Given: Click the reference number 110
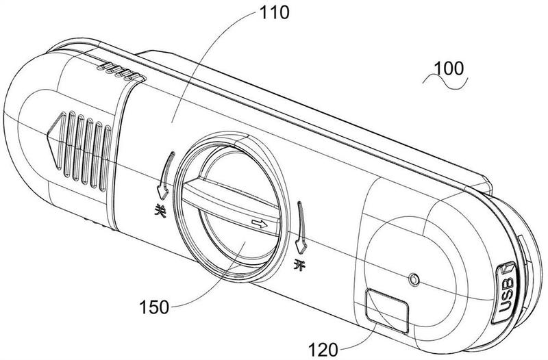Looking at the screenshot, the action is [x=275, y=12].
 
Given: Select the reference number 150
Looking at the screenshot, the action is [x=154, y=307].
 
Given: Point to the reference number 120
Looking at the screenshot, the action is [x=323, y=349].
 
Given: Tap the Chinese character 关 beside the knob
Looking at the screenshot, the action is [x=160, y=210].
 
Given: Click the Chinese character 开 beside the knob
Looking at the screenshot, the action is [x=299, y=266].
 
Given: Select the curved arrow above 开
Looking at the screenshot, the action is [x=301, y=227].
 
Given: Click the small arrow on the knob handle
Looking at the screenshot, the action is [x=260, y=224].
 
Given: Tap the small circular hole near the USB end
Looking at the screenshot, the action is [x=414, y=279].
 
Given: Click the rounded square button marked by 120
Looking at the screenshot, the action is [x=386, y=311].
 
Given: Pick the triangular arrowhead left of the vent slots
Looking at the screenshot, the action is [x=56, y=141].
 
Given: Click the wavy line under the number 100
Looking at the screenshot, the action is [x=445, y=81].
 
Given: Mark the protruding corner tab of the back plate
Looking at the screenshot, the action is [x=484, y=184].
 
